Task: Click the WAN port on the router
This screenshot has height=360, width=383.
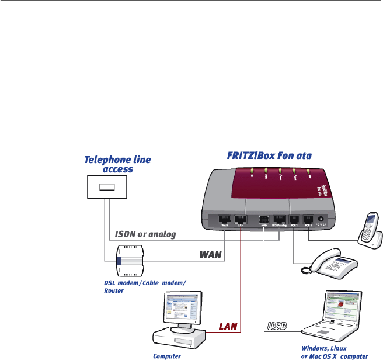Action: [224, 221]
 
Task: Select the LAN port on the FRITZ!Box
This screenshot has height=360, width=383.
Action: [240, 221]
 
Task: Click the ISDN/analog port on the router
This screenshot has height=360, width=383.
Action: [278, 221]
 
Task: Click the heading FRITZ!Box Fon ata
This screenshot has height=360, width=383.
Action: [269, 155]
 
